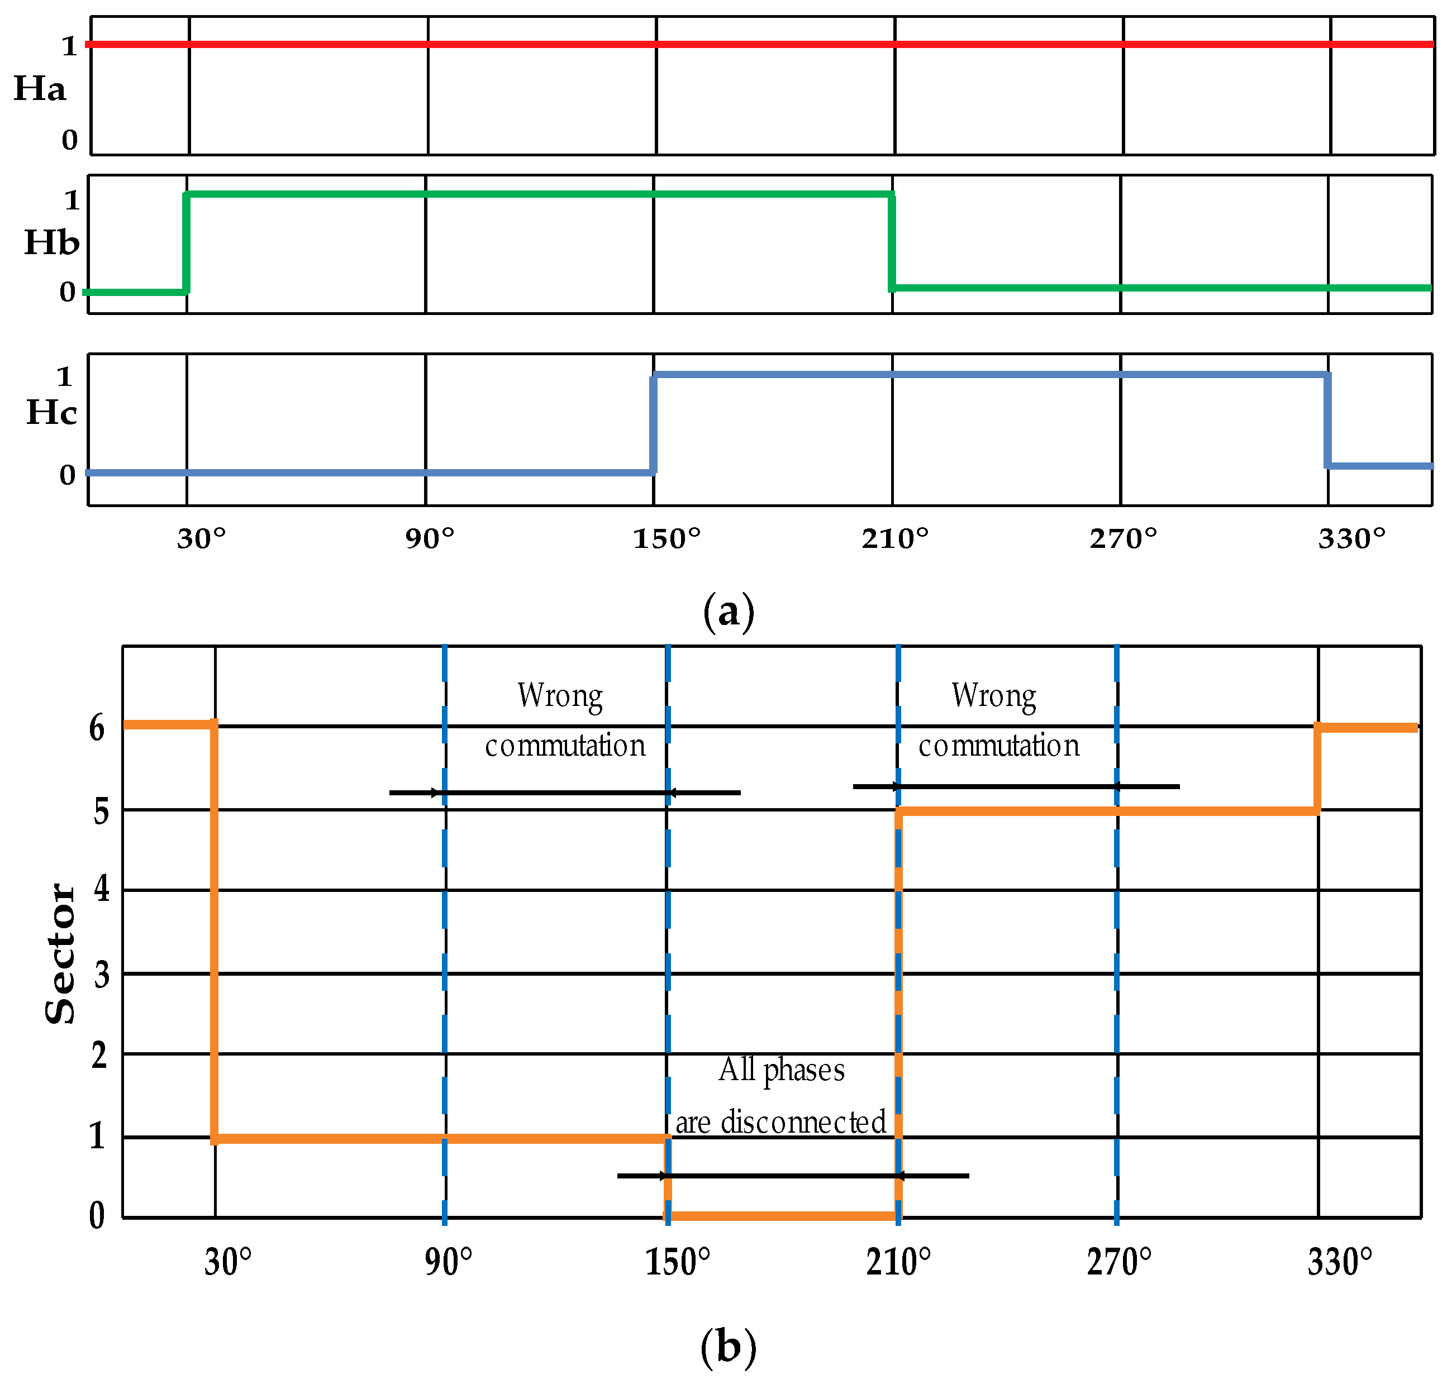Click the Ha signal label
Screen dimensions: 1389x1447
pos(40,89)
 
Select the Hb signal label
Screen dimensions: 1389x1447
pos(51,243)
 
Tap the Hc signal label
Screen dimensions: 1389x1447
pos(51,413)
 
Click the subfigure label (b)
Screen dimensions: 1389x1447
pos(728,1347)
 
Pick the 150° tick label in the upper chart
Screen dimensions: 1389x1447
pos(667,540)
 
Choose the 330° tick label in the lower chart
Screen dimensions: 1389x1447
pos(1339,1263)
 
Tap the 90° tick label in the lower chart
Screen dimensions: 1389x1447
pos(448,1263)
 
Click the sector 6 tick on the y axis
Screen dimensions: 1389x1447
pos(97,728)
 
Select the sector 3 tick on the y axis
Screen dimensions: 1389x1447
pos(102,976)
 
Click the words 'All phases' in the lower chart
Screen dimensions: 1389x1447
pos(782,1070)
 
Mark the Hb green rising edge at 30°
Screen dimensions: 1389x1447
pos(186,243)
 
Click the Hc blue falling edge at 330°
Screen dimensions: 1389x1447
pos(1327,420)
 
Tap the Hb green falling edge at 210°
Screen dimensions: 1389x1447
pos(892,241)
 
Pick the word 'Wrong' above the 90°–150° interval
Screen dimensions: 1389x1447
pos(560,696)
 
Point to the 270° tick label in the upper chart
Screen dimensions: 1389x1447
pos(1123,540)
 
